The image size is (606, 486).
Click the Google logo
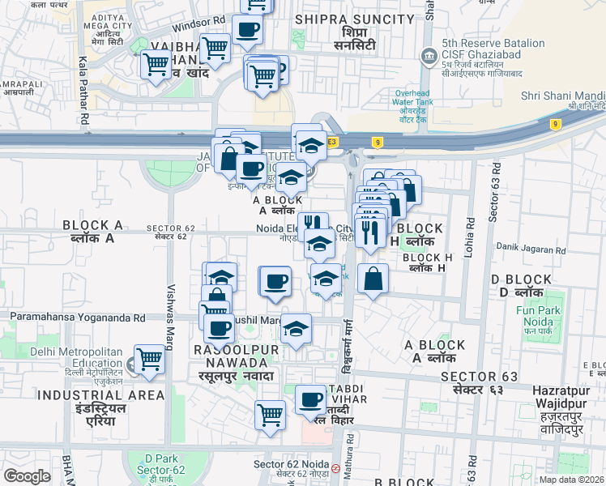tap(27, 476)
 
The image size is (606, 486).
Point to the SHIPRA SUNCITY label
tap(355, 19)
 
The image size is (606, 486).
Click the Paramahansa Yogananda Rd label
tap(78, 318)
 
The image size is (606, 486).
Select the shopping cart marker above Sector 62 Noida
tap(270, 415)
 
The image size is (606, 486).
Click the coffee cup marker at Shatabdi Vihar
tap(310, 399)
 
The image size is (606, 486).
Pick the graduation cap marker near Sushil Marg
tap(297, 329)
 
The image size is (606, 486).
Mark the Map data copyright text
tap(572, 480)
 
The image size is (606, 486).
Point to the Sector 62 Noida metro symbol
tap(335, 467)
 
